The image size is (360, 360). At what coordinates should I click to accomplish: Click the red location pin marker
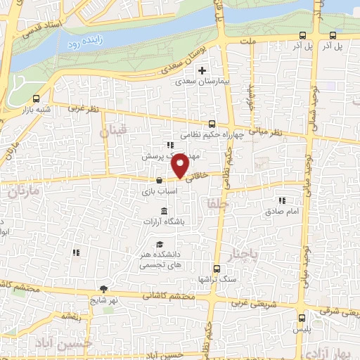point(181,165)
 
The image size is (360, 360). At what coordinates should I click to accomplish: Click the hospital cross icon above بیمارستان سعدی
point(202,70)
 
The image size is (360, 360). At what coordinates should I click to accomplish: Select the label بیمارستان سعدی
point(202,82)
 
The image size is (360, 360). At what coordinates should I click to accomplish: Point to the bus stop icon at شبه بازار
point(37,98)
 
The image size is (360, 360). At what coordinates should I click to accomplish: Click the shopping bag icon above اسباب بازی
point(161,181)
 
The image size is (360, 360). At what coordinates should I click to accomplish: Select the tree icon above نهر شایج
point(104,288)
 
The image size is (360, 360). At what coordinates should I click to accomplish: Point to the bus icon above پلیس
point(303,318)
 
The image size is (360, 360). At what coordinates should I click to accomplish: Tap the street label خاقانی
point(200,179)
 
